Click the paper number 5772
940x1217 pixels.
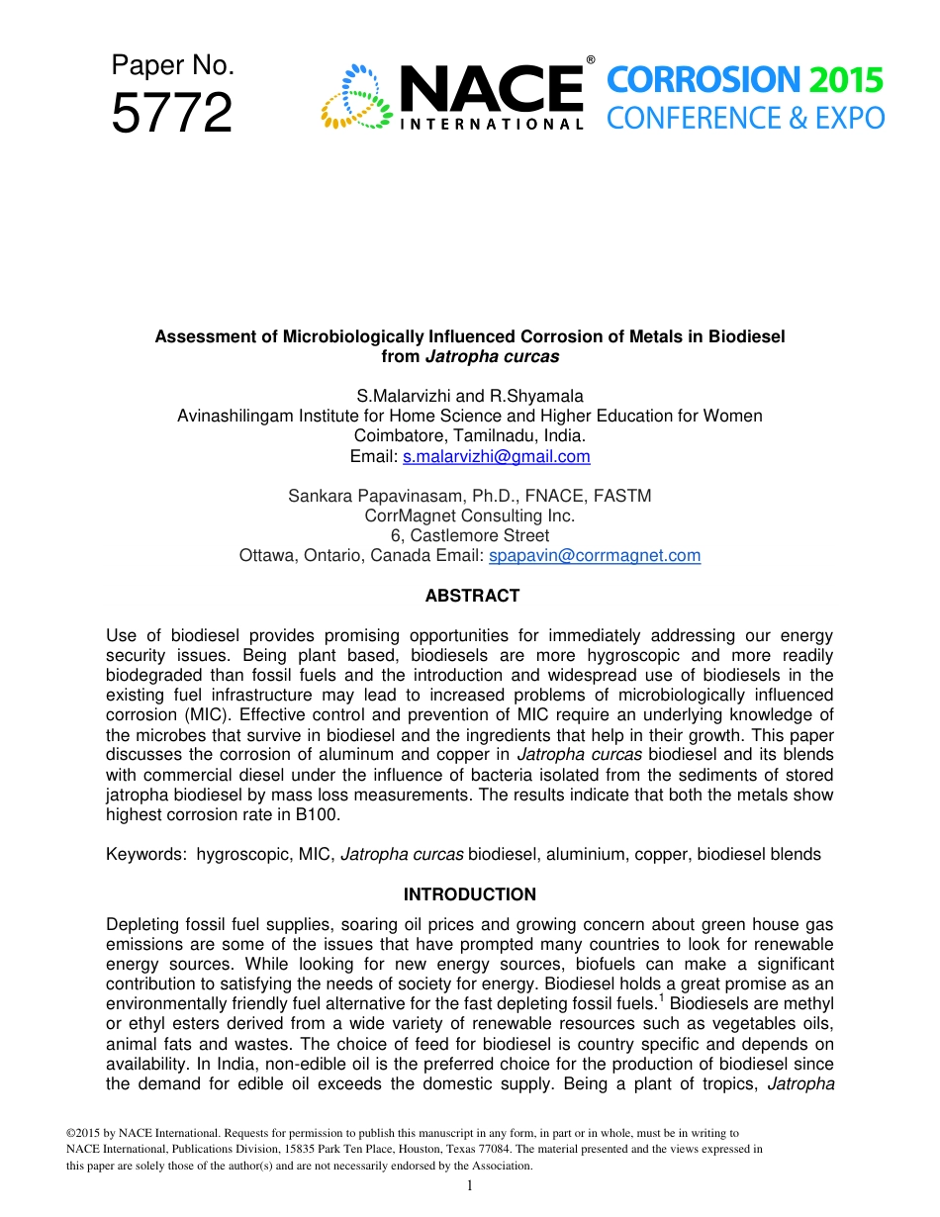coord(171,113)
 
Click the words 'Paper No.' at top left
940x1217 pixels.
coord(172,65)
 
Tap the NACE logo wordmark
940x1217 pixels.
coord(491,91)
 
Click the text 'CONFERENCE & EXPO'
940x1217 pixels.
coord(745,119)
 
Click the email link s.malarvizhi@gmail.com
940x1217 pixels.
coord(497,456)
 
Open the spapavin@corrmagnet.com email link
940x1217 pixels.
coord(595,555)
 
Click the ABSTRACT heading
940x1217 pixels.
coord(472,596)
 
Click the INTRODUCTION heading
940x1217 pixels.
coord(470,894)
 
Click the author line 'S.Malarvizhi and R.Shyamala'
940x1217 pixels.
coord(470,396)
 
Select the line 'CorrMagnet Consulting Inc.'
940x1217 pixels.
coord(470,515)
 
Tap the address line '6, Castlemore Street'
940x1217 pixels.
coord(470,535)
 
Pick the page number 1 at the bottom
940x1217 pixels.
coord(469,1185)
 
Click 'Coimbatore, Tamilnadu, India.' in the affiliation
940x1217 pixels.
coord(470,435)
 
